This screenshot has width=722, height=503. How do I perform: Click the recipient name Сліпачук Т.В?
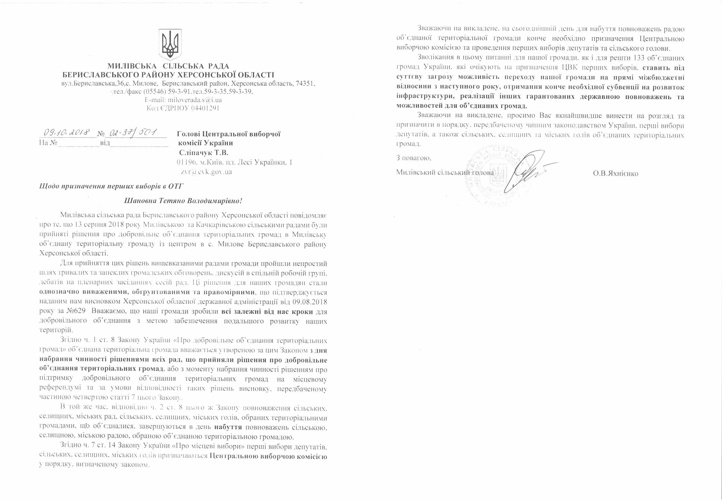pyautogui.click(x=203, y=153)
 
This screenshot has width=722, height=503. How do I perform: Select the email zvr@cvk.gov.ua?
pyautogui.click(x=206, y=172)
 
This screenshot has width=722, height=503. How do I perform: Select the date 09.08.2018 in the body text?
pyautogui.click(x=310, y=302)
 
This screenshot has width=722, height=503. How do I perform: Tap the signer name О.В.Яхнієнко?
pyautogui.click(x=615, y=173)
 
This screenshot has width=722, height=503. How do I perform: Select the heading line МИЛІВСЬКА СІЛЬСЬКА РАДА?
pyautogui.click(x=168, y=66)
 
